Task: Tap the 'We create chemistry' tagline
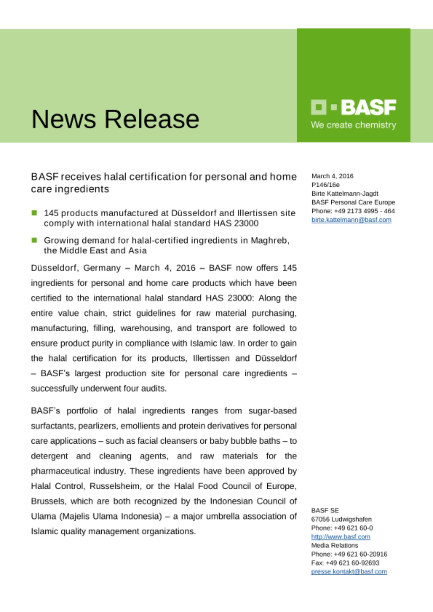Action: pos(353,125)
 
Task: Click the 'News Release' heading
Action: pos(115,119)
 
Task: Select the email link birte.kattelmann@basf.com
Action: pos(351,220)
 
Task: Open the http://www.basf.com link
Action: pos(341,537)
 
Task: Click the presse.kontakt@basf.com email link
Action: pos(349,572)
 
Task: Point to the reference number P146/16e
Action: pos(326,185)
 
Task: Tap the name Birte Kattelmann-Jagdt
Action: pos(345,193)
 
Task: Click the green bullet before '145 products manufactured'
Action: pos(34,213)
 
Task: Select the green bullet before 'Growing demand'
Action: pos(34,240)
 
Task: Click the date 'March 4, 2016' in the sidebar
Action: pos(332,176)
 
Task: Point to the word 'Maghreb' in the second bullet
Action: pos(269,241)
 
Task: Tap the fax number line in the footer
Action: pos(345,563)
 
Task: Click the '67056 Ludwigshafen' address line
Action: pos(341,519)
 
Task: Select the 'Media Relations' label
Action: pos(334,545)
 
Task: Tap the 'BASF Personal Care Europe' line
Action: pos(353,202)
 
